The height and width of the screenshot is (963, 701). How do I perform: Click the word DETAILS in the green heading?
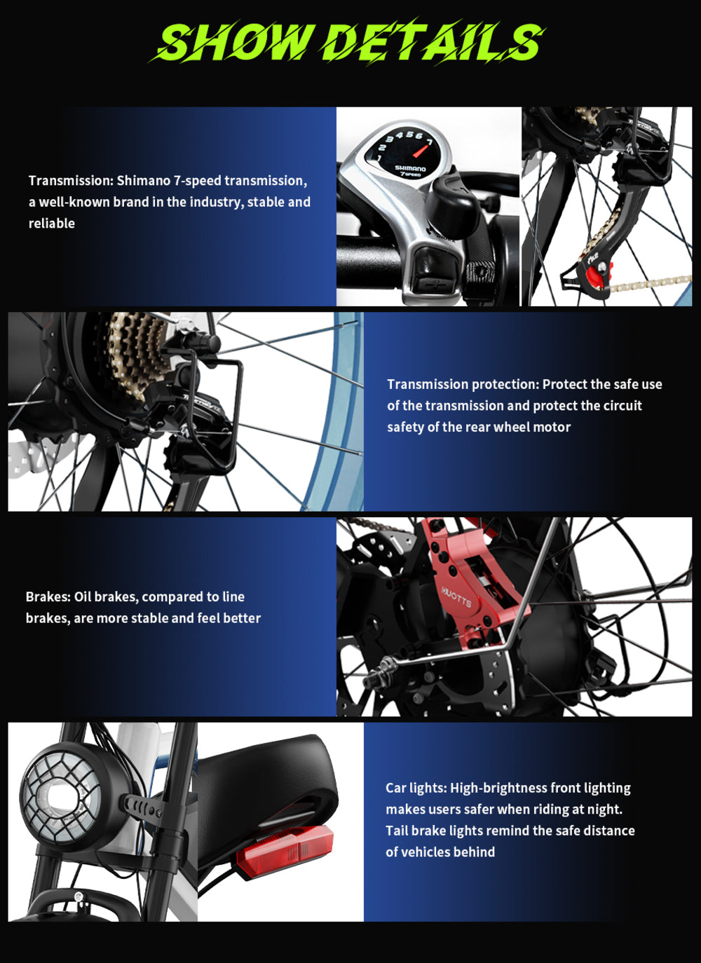[x=435, y=41]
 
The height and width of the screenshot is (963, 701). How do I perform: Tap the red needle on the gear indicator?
[x=421, y=151]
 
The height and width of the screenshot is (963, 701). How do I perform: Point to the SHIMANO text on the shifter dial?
[x=410, y=168]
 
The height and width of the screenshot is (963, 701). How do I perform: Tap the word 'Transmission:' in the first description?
[x=71, y=181]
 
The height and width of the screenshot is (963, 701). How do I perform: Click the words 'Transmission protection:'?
[x=463, y=384]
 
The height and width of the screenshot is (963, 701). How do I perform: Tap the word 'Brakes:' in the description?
[x=48, y=596]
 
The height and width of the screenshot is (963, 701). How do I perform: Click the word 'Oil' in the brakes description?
[x=83, y=596]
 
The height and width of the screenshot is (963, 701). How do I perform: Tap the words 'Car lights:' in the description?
[x=416, y=788]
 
